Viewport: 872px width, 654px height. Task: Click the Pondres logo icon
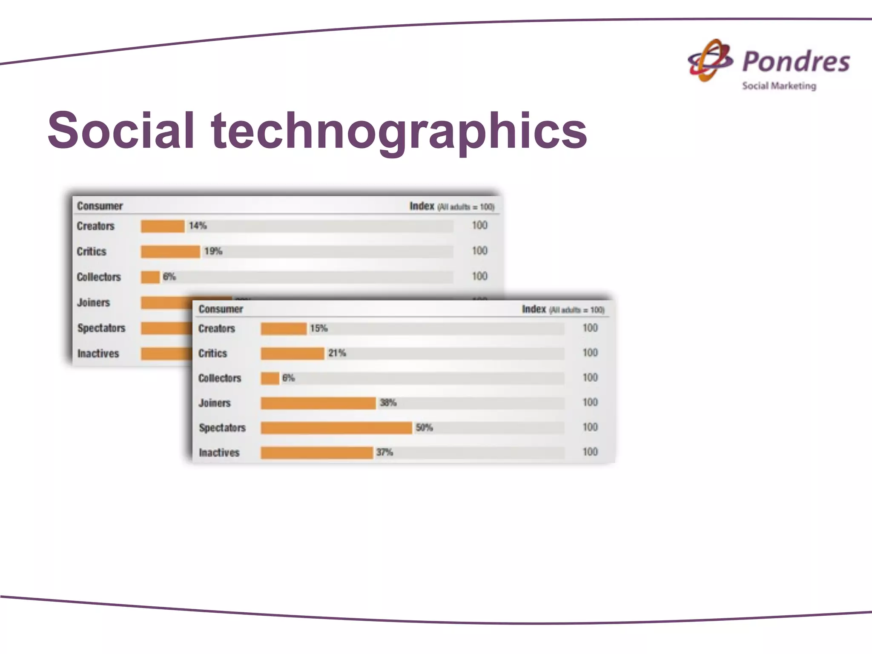710,60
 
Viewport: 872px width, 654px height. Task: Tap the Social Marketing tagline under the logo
779,86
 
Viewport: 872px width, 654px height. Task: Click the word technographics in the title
399,130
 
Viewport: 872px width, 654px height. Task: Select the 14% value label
198,226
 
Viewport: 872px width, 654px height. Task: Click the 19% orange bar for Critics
170,252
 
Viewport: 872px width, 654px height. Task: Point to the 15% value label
318,328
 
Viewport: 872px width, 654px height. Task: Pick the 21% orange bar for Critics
293,353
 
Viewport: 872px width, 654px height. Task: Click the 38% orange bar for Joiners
318,403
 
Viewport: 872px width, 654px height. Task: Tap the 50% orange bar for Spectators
336,428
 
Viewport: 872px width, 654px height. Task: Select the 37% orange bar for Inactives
317,453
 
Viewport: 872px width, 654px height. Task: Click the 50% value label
424,427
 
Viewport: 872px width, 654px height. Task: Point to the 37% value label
384,452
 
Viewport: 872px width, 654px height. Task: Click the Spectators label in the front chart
222,428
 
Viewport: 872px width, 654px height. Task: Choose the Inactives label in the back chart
98,353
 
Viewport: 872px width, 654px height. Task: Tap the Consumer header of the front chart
221,309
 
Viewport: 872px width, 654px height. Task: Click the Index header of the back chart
422,207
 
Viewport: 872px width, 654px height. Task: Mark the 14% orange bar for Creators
163,226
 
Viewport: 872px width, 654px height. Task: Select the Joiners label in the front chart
214,403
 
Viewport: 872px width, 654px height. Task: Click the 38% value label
388,403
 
